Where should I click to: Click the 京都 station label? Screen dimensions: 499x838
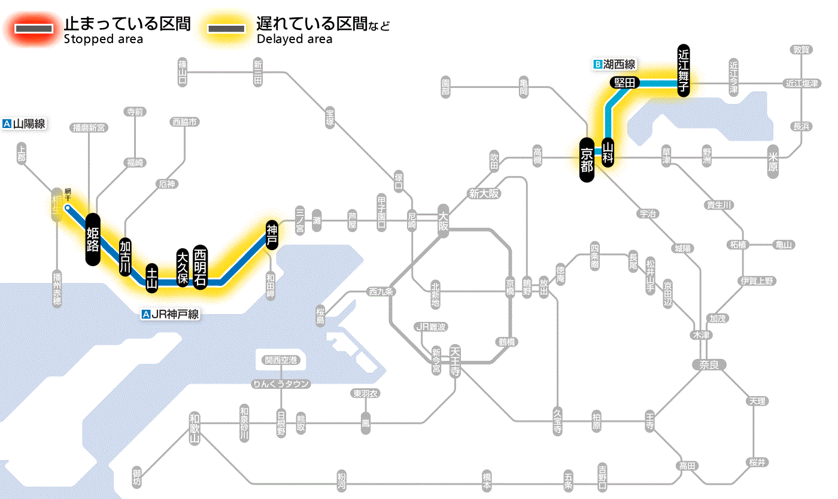(x=587, y=159)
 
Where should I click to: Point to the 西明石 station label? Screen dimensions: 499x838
(x=200, y=267)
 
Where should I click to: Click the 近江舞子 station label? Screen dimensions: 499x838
(x=684, y=70)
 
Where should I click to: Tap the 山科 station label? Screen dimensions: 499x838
(x=608, y=151)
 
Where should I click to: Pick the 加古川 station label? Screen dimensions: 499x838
(x=125, y=257)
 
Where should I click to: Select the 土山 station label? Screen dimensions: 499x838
(x=152, y=278)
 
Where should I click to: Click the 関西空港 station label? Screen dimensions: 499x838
(x=281, y=360)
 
